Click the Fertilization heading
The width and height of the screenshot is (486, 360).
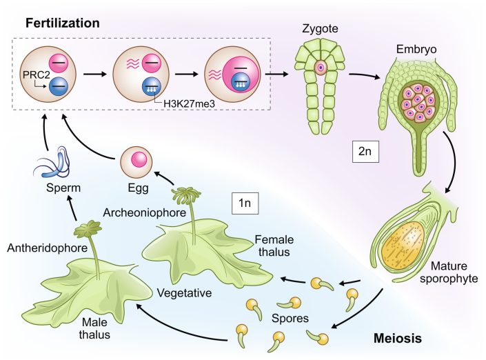(63, 23)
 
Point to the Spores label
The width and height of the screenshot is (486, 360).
(290, 320)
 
